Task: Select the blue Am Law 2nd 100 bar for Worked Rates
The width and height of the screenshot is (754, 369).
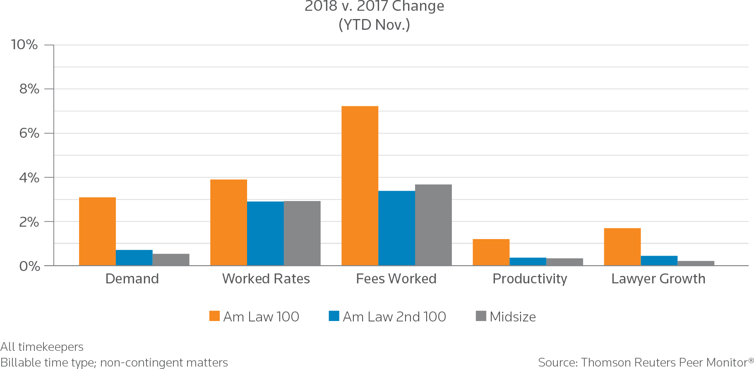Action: coord(265,233)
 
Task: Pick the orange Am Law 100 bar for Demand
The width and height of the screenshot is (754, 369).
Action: coord(97,231)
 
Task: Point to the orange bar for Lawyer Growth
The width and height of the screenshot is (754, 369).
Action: coord(622,247)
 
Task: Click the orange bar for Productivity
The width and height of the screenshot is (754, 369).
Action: coord(491,252)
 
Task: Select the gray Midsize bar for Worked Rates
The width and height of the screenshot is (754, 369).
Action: coord(302,233)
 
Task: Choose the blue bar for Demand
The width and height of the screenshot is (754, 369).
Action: coord(134,257)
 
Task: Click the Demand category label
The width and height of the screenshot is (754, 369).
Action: coord(132,279)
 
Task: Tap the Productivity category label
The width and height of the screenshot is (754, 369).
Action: coord(529,279)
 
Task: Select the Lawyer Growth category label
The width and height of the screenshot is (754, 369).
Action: coord(658,279)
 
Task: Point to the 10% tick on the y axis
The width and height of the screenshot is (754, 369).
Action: coord(24,45)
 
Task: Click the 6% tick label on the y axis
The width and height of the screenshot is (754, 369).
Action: coord(29,133)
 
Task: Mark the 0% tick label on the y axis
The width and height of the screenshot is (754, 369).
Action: coord(29,266)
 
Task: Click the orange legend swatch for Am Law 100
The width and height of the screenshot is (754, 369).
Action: coord(214,316)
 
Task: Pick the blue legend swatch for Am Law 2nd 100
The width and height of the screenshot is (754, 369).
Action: coord(334,316)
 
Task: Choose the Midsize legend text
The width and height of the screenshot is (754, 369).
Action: coord(513,317)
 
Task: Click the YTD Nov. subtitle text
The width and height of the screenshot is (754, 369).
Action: coord(374,25)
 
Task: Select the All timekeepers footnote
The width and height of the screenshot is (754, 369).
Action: coord(42,347)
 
